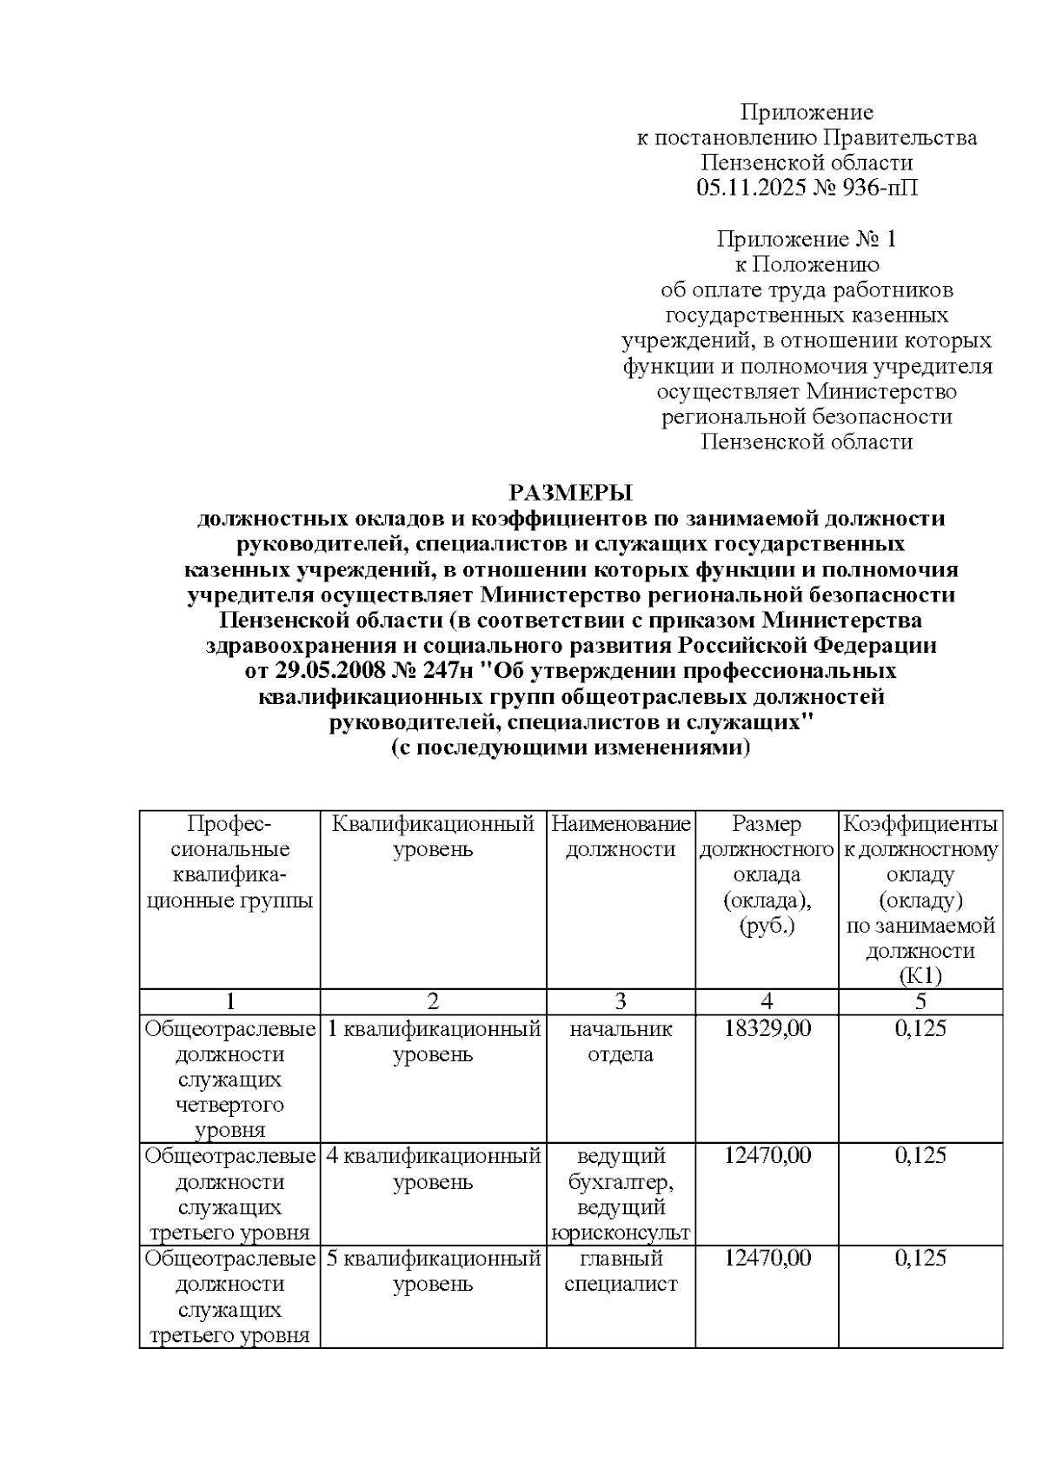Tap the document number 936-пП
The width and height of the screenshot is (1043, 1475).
pos(876,188)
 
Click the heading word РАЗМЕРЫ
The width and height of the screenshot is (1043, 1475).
pos(570,493)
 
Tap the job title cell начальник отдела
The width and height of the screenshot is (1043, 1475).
pos(621,1041)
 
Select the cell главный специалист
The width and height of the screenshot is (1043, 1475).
pos(621,1271)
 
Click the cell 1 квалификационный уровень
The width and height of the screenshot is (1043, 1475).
pos(433,1041)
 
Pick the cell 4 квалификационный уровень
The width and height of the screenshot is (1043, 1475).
pos(433,1169)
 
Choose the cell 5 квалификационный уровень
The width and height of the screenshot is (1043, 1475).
pos(433,1271)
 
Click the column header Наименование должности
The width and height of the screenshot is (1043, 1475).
pos(621,836)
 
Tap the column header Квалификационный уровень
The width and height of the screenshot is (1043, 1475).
pos(433,836)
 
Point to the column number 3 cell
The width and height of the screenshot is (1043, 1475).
pos(621,1001)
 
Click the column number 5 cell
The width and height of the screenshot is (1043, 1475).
pos(920,1001)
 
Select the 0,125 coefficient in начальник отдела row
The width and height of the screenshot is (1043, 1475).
pos(920,1029)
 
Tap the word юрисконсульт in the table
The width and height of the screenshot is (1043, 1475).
pos(621,1232)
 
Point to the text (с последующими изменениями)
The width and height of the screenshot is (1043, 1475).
pos(570,748)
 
